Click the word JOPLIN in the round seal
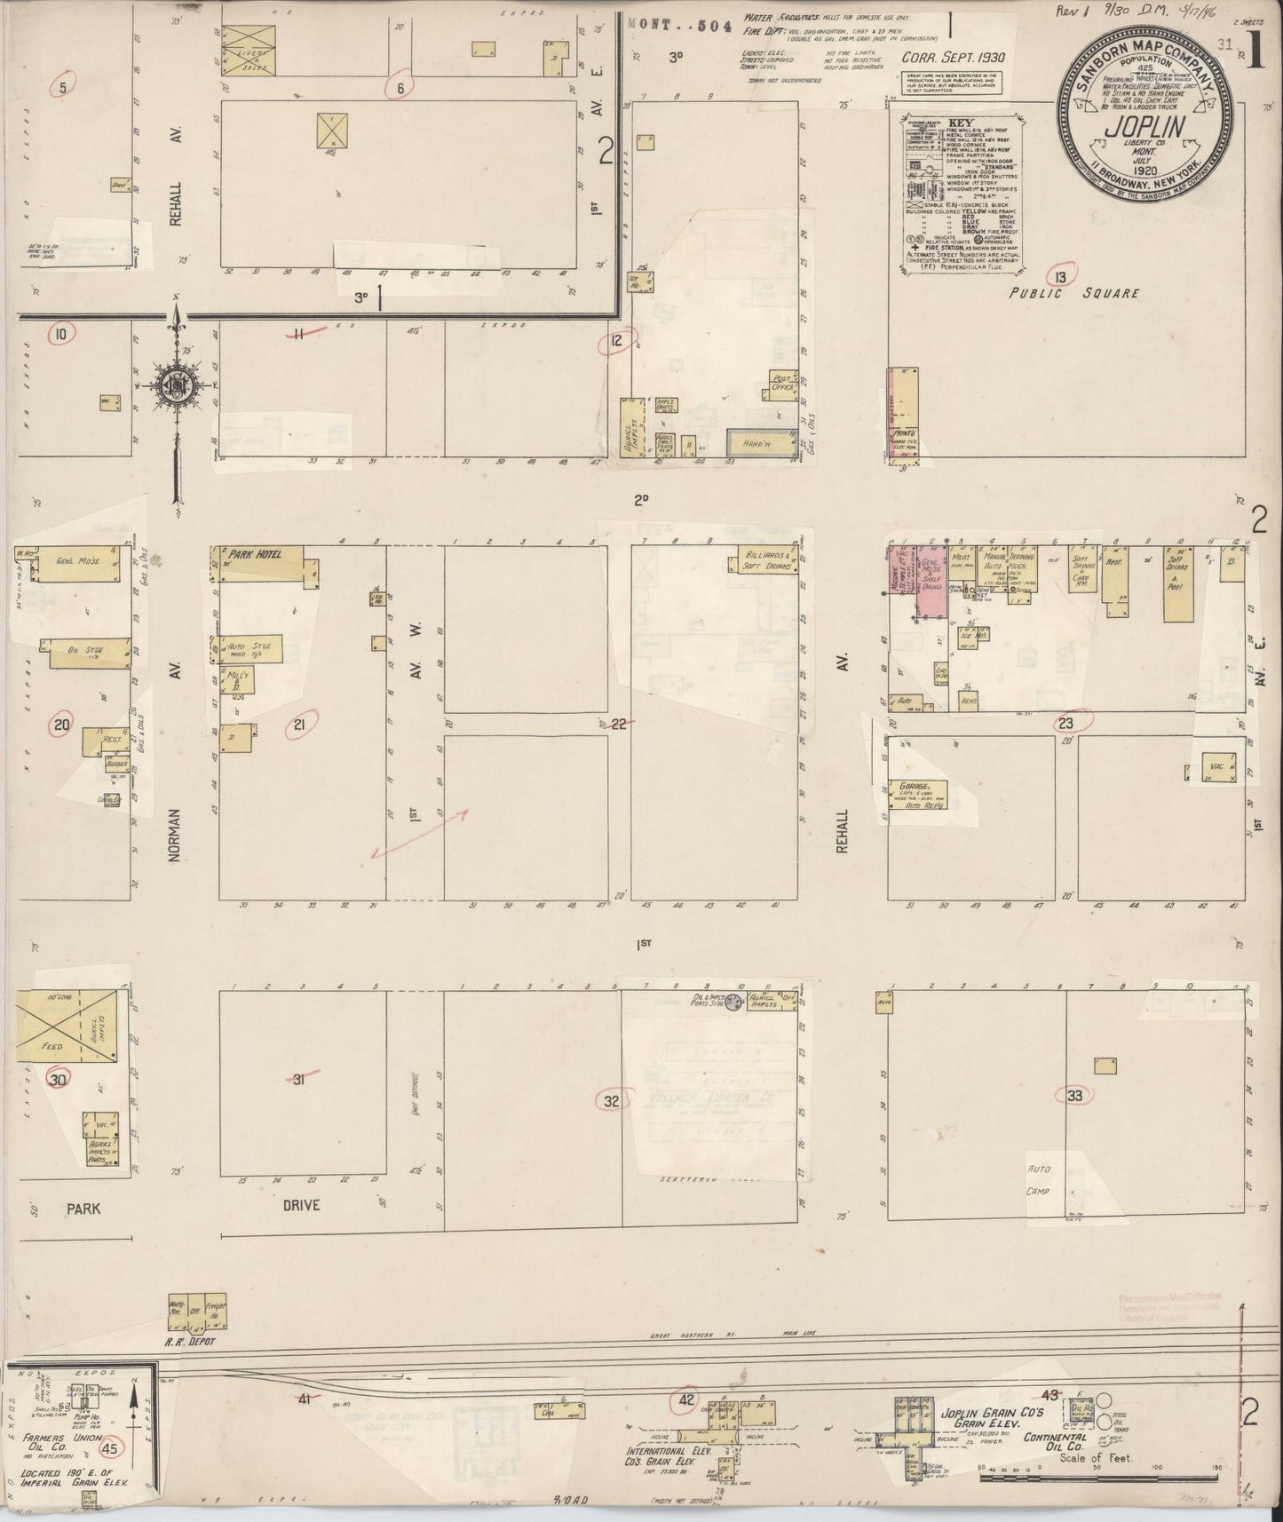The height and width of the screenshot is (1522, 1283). coord(1144,127)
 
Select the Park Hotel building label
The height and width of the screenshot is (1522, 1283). coord(256,555)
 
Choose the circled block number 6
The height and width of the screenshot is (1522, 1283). coord(400,87)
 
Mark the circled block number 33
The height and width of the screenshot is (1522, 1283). coord(1075,1095)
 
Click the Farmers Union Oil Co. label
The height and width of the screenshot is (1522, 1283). coord(52,1444)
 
